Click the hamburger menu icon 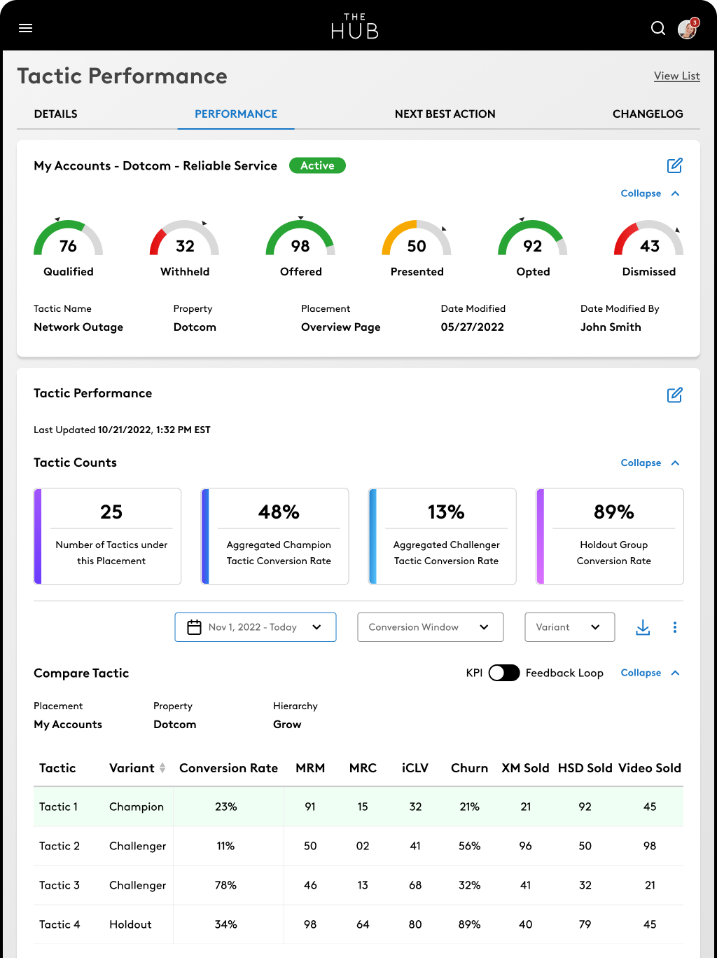click(26, 28)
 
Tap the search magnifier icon click(658, 28)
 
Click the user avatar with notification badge click(688, 29)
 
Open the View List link click(676, 76)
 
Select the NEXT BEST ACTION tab click(445, 114)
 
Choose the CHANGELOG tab click(647, 114)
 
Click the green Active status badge click(317, 165)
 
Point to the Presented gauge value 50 click(417, 246)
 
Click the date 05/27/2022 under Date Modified click(472, 327)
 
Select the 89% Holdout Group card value click(613, 512)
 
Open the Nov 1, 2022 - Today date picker click(256, 627)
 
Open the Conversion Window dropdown click(430, 627)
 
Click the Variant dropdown click(569, 627)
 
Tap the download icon click(643, 627)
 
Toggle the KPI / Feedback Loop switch click(503, 673)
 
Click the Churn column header click(469, 768)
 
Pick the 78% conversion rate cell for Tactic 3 click(225, 885)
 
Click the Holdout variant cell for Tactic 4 click(130, 924)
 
